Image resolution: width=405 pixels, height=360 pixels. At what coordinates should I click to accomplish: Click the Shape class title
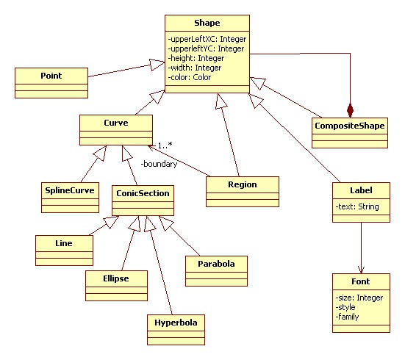coord(207,23)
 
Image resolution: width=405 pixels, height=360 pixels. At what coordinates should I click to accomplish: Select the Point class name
coord(51,76)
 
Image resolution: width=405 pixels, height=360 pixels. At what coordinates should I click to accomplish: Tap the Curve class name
coord(116,123)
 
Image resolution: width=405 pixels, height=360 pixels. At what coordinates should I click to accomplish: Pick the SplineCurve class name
coord(70,190)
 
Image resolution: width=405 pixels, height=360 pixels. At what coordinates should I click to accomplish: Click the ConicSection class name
coord(143,193)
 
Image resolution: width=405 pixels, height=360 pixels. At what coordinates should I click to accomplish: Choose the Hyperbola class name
coord(176,323)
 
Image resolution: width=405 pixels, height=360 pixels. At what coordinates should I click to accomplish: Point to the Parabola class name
coord(216,264)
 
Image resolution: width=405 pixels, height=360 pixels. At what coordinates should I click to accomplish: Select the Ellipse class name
coord(116,278)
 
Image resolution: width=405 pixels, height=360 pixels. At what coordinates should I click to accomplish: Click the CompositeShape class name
coord(350,126)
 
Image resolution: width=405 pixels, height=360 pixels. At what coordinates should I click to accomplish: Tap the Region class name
coord(243,184)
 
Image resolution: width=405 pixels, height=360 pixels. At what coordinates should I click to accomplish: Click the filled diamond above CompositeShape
coord(350,110)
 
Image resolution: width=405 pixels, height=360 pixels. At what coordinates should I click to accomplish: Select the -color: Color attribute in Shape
coord(190,77)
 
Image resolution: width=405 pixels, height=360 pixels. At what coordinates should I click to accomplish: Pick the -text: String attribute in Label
coord(357,206)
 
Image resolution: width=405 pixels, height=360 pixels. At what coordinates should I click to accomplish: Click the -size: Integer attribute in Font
coord(359,298)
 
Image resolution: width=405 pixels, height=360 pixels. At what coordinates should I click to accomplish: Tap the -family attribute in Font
coord(347,317)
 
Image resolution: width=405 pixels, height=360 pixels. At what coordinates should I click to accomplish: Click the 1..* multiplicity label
coord(165,145)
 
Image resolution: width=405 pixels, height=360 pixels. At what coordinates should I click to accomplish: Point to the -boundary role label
coord(159,164)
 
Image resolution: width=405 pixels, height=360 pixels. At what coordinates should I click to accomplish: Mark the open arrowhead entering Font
coord(361,270)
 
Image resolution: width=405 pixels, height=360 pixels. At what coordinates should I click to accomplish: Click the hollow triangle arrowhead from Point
coord(157,65)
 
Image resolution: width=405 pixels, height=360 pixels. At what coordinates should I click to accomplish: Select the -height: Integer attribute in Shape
coord(196,58)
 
